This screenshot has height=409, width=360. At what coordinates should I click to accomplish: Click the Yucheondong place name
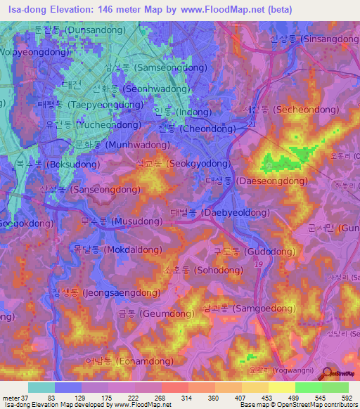tap(83, 124)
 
